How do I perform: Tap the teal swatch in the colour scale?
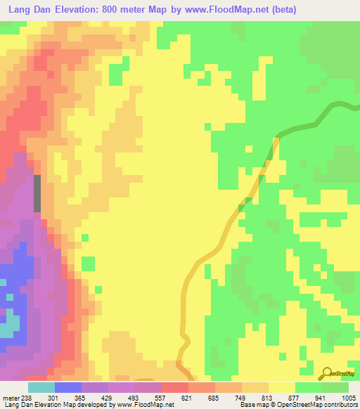coord(41,387)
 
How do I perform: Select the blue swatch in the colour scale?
coord(67,387)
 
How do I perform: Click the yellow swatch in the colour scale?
coord(281,387)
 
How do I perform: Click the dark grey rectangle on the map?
coord(37,193)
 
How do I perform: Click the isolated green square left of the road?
coord(88,264)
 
